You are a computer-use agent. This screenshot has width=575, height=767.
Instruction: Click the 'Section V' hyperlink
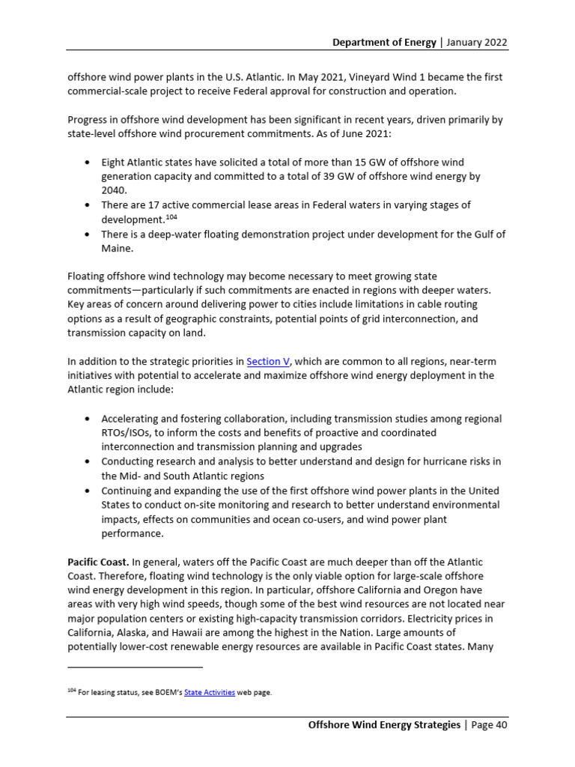coord(267,361)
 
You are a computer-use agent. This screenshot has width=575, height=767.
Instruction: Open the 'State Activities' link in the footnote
coord(210,693)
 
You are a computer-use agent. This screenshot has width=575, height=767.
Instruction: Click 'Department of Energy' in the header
coord(384,42)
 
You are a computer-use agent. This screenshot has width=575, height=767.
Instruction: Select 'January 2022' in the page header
coord(477,42)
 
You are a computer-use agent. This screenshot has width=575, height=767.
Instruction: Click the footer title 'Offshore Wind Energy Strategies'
coord(384,725)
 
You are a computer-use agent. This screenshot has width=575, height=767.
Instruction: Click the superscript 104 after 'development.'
coord(171,216)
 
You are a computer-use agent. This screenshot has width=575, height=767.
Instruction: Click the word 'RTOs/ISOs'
coord(127,433)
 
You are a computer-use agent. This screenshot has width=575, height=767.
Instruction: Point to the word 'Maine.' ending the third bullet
coord(118,248)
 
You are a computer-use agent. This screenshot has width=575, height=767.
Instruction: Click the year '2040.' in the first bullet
coord(115,190)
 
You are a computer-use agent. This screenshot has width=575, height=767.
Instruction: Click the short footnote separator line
coord(135,666)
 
